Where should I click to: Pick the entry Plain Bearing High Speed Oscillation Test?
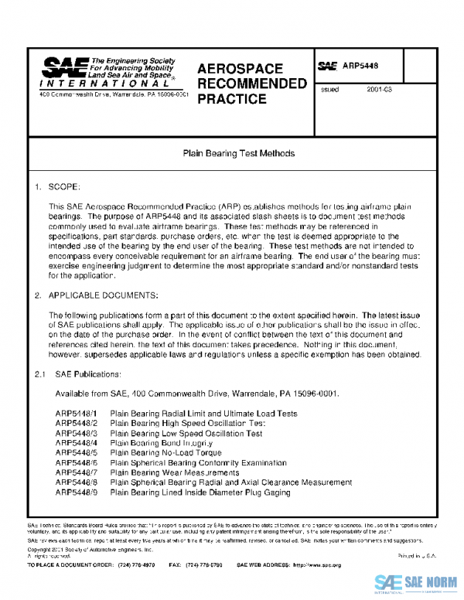[x=188, y=424]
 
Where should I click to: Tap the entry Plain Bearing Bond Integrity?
[x=157, y=444]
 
